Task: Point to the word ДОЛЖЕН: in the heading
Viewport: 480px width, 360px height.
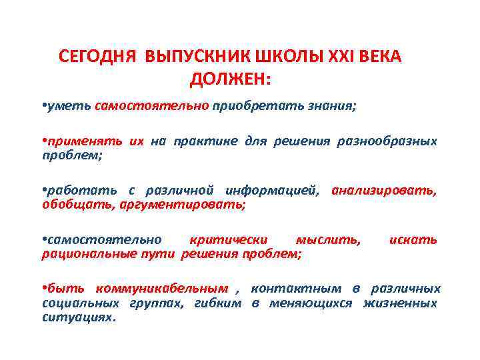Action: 231,79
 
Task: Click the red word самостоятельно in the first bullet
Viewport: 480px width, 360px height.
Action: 152,106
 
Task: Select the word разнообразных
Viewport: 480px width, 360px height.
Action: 397,141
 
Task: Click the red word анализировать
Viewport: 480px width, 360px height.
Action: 385,191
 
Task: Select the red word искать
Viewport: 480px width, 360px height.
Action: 413,240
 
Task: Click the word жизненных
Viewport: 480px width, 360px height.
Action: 400,303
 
